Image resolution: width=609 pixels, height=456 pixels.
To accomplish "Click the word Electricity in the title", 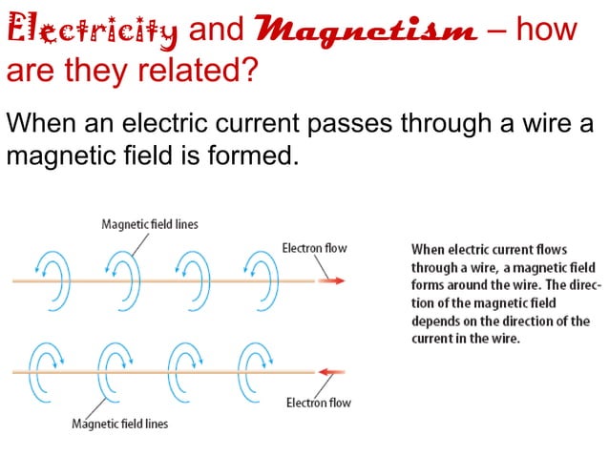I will click(93, 31).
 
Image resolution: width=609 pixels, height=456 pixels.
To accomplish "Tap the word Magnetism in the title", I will click(367, 31).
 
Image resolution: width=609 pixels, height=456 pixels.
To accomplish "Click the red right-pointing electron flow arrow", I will click(334, 280).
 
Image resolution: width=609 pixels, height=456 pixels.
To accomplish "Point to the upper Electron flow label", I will click(314, 248).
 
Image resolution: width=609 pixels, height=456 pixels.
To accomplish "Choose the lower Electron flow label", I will click(319, 403).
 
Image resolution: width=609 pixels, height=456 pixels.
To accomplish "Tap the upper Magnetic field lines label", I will click(150, 224).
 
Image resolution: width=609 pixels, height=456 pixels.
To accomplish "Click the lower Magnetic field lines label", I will click(119, 424).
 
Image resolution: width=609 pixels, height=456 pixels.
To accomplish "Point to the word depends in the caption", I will click(435, 321).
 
